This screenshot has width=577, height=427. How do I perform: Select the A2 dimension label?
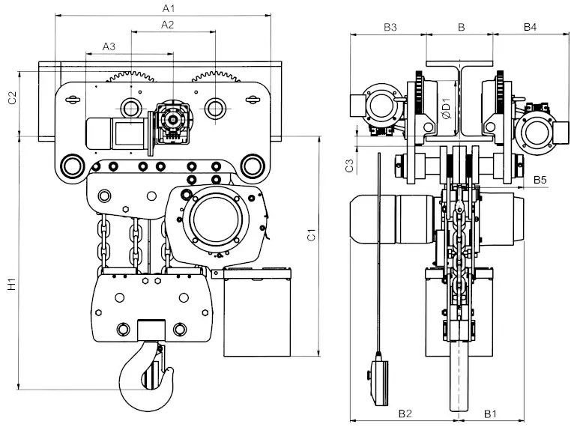coord(168,25)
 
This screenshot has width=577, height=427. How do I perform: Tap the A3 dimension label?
coord(109,46)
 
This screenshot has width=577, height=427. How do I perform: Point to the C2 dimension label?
coord(11,97)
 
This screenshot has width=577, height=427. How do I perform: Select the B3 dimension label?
coord(390,28)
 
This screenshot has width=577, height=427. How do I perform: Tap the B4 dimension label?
coord(530,28)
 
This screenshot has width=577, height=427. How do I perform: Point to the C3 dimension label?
coord(349,166)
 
